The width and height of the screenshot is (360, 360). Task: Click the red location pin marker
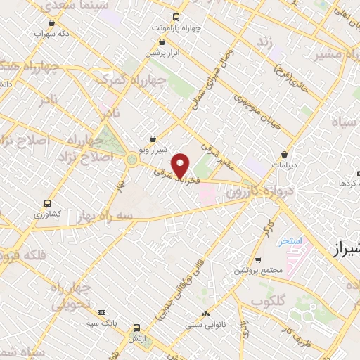tap(181, 166)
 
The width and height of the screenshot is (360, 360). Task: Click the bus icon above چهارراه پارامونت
tap(174, 18)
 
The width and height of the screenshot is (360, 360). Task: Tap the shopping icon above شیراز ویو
tap(153, 139)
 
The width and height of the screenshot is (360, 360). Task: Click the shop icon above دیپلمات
tap(284, 153)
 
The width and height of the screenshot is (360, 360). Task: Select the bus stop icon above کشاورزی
tap(47, 202)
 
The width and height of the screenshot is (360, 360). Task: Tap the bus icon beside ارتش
tap(136, 328)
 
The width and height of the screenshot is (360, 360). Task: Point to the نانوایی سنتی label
tap(204, 325)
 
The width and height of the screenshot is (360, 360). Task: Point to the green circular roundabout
tap(131, 160)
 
